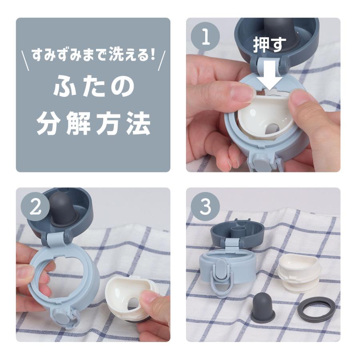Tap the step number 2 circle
35,207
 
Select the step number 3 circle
205,207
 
